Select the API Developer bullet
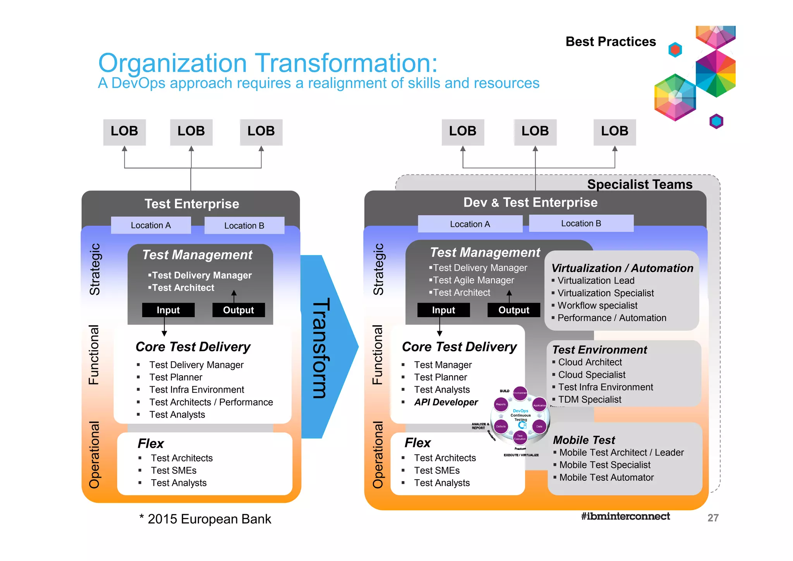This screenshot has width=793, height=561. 446,402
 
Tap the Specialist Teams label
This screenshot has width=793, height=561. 639,184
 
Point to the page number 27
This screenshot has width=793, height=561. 713,518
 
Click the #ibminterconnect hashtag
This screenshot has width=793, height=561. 625,516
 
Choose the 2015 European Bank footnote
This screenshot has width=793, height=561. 205,519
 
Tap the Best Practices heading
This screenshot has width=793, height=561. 611,41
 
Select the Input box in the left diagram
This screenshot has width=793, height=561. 168,310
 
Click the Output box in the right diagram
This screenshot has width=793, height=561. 513,310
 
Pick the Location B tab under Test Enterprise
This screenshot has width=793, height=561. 244,226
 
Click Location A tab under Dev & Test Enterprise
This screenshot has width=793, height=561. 470,224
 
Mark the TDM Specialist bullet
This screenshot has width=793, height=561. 589,399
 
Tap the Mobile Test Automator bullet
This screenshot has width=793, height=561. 606,477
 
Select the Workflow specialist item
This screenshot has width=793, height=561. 597,306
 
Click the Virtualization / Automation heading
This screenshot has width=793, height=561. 622,268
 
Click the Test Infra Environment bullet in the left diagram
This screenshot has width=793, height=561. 196,390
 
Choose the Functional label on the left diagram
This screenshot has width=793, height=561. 94,354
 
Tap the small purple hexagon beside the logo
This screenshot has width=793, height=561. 716,121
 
